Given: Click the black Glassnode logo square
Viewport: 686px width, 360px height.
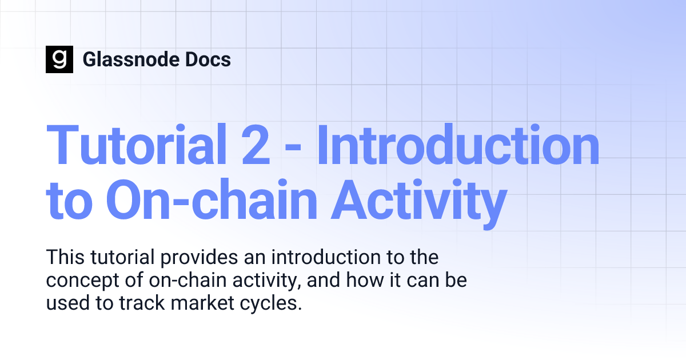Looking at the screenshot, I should pyautogui.click(x=59, y=59).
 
